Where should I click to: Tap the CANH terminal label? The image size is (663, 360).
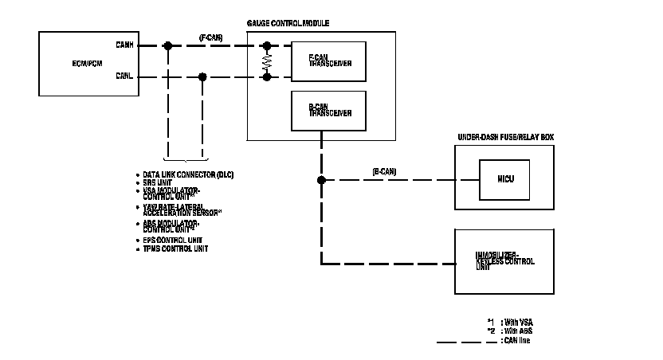124,46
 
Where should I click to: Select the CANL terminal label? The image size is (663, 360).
124,77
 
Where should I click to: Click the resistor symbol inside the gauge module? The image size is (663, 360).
267,61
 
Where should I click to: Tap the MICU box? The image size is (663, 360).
504,179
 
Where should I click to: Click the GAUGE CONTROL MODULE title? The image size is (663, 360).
289,24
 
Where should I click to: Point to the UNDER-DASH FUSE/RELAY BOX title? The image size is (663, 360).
505,137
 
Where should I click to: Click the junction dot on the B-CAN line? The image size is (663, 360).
321,181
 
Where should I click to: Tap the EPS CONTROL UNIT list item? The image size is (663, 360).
172,240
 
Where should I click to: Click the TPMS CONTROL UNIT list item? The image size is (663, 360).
175,248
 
